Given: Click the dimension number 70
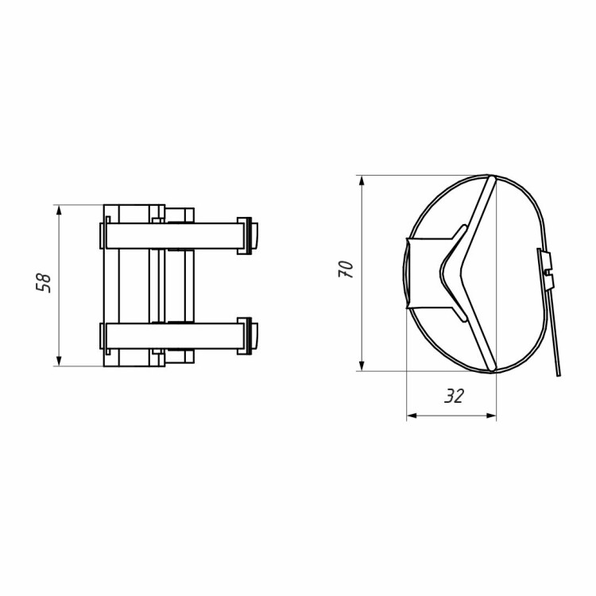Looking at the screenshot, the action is point(346,269).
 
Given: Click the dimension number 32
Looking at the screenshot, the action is point(455,397).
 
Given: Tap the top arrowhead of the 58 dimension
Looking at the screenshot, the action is point(59,210).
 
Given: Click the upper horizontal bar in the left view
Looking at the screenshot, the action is point(175,236).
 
